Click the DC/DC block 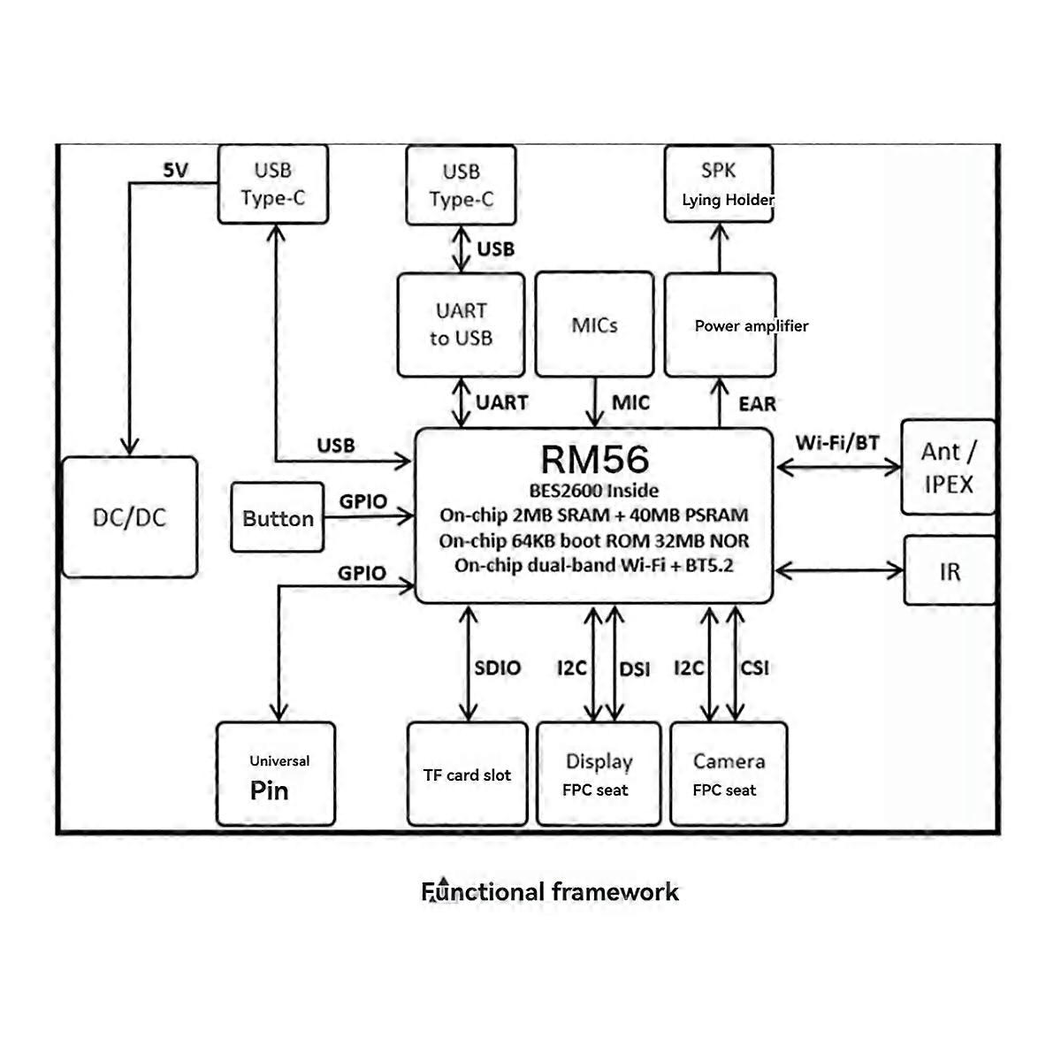point(130,517)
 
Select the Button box point(278,518)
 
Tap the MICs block point(594,324)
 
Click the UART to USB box point(461,324)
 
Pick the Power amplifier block point(720,325)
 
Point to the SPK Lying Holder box point(719,184)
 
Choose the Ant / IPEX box point(948,468)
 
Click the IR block point(950,571)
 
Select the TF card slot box point(467,775)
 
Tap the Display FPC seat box point(599,775)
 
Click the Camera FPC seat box point(729,775)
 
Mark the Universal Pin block point(276,775)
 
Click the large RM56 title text point(594,459)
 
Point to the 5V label point(176,171)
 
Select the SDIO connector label point(497,668)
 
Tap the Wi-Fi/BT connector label point(836,442)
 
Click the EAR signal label point(757,404)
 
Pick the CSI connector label point(754,668)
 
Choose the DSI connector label point(634,669)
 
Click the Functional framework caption point(550,891)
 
